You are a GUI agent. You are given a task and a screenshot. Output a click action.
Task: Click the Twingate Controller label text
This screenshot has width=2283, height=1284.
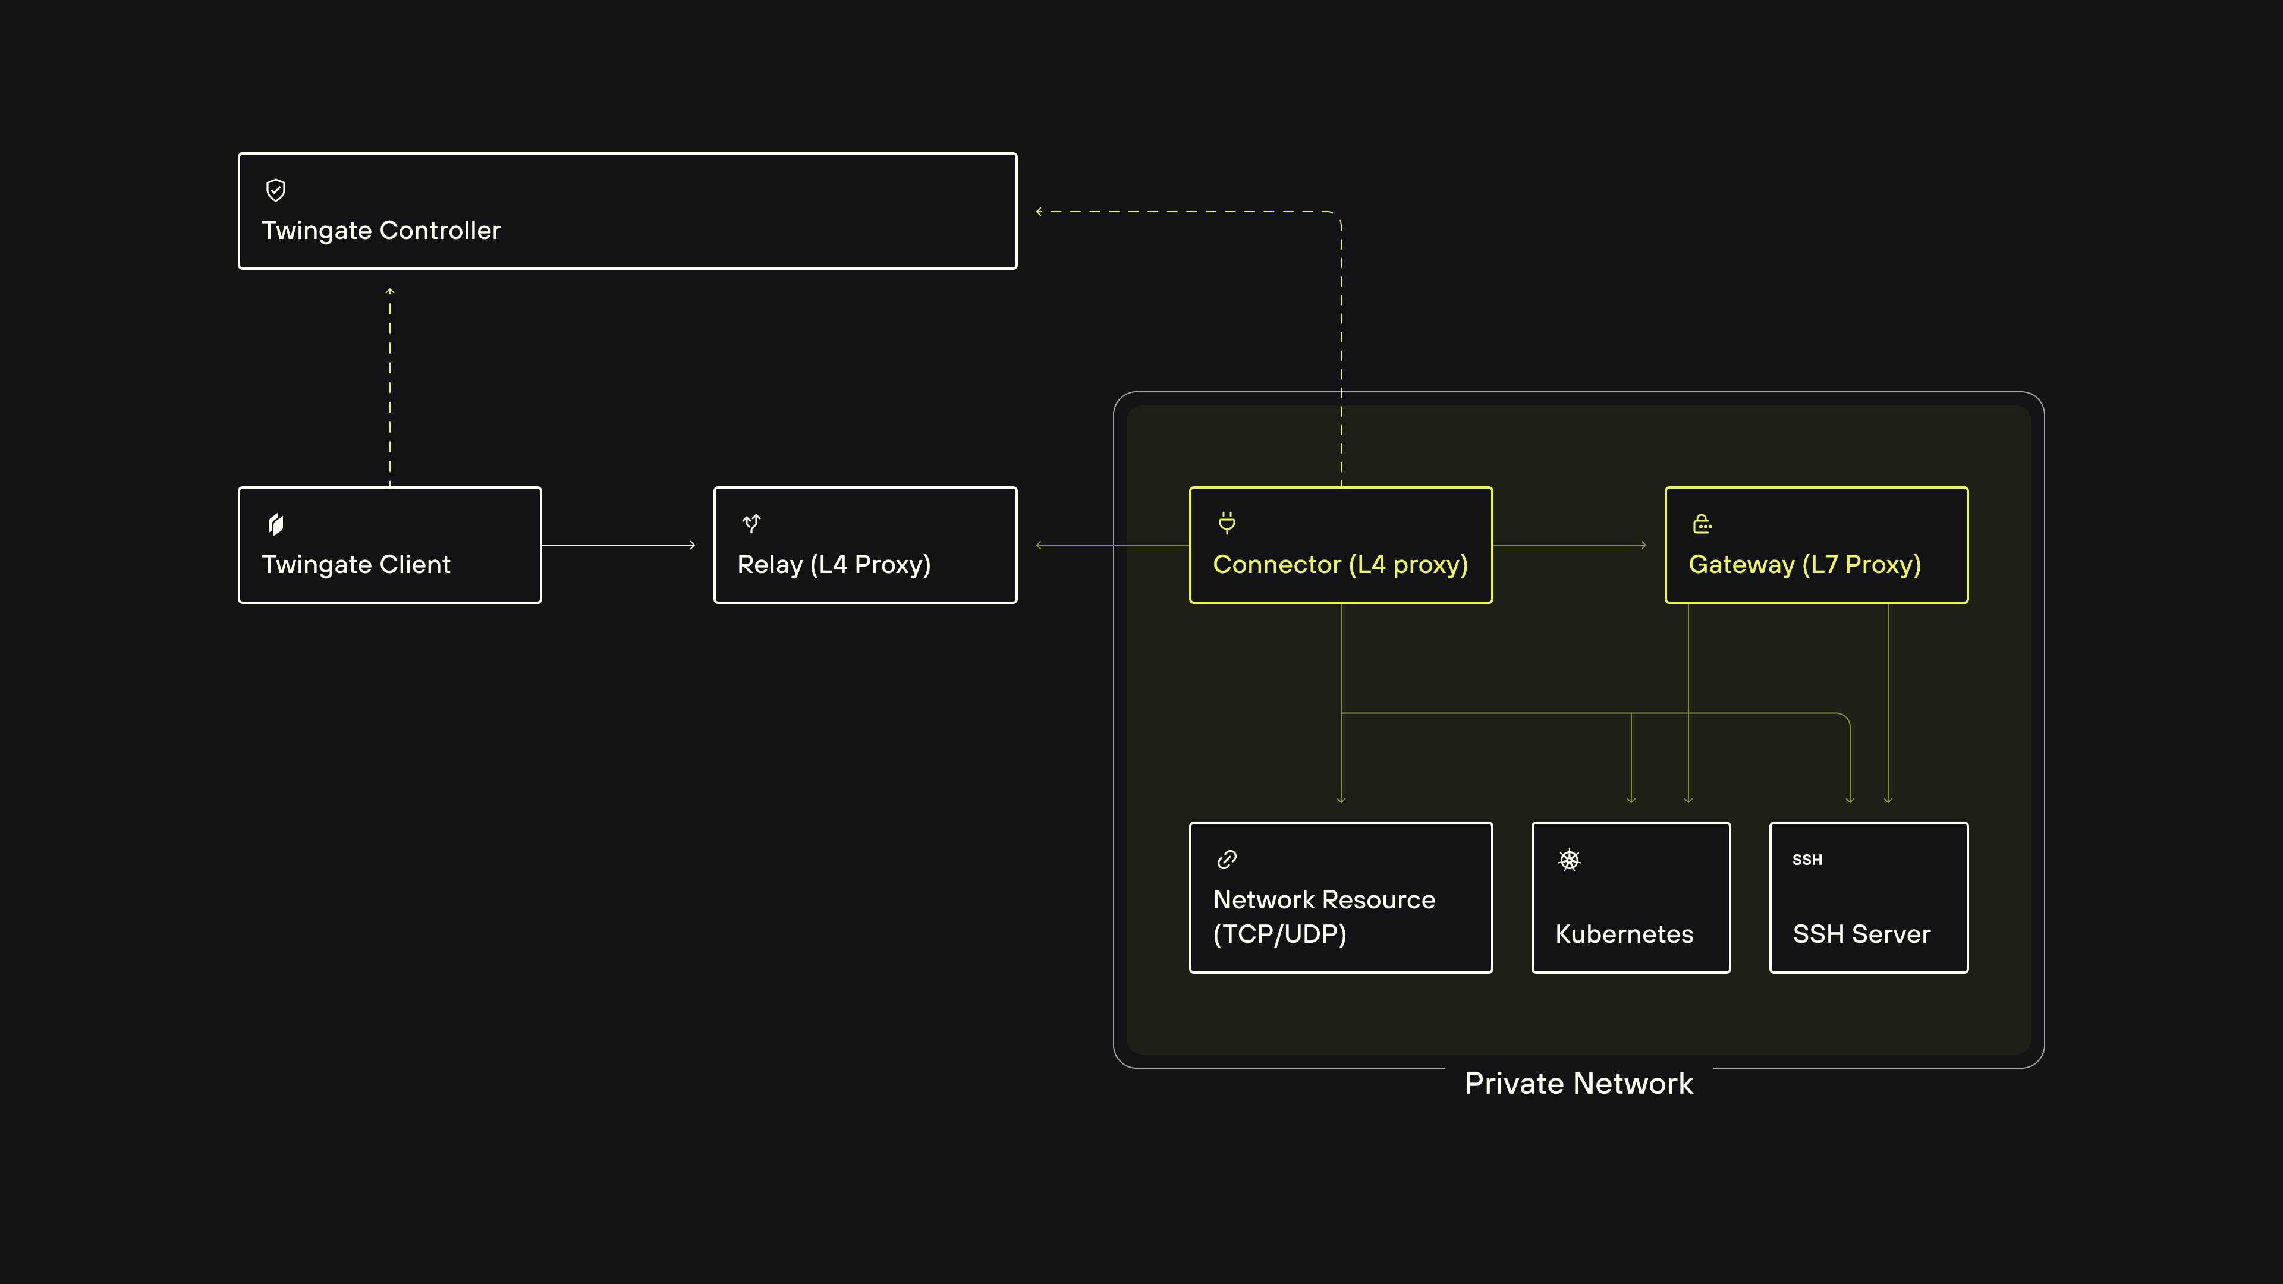click(x=381, y=231)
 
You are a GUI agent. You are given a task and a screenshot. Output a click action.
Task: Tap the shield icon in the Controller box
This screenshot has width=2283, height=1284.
click(x=276, y=190)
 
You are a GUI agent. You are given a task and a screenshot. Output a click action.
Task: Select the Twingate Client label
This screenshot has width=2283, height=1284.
click(x=356, y=565)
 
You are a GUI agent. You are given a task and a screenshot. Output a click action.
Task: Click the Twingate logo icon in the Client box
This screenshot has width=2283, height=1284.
click(x=276, y=524)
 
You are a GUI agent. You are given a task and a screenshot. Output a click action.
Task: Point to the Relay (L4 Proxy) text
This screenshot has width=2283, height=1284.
click(x=833, y=565)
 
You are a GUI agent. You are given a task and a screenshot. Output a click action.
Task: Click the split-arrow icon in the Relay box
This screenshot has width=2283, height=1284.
click(x=751, y=524)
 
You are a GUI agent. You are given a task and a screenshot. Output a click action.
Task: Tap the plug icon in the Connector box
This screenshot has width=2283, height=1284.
click(x=1227, y=523)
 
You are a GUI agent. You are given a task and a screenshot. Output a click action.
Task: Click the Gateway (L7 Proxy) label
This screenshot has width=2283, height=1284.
click(x=1804, y=565)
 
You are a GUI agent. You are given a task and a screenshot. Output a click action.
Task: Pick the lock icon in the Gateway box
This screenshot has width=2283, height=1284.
click(x=1702, y=524)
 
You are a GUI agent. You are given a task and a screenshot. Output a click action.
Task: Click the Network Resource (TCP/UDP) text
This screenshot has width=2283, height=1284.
click(x=1323, y=916)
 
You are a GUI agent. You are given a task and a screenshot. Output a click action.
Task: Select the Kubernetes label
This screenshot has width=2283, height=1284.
click(x=1624, y=934)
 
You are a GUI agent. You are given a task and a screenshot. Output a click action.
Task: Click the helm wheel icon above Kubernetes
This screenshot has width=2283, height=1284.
click(x=1569, y=860)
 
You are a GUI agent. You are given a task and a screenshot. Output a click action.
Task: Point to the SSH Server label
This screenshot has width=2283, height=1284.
click(x=1861, y=934)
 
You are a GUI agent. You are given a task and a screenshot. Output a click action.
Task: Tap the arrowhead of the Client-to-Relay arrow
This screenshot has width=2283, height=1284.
click(x=692, y=545)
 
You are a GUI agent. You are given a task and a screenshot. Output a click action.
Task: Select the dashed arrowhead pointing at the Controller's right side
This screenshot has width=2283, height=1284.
click(x=1040, y=212)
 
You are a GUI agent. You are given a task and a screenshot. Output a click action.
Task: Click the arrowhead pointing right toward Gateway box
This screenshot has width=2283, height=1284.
click(x=1643, y=545)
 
